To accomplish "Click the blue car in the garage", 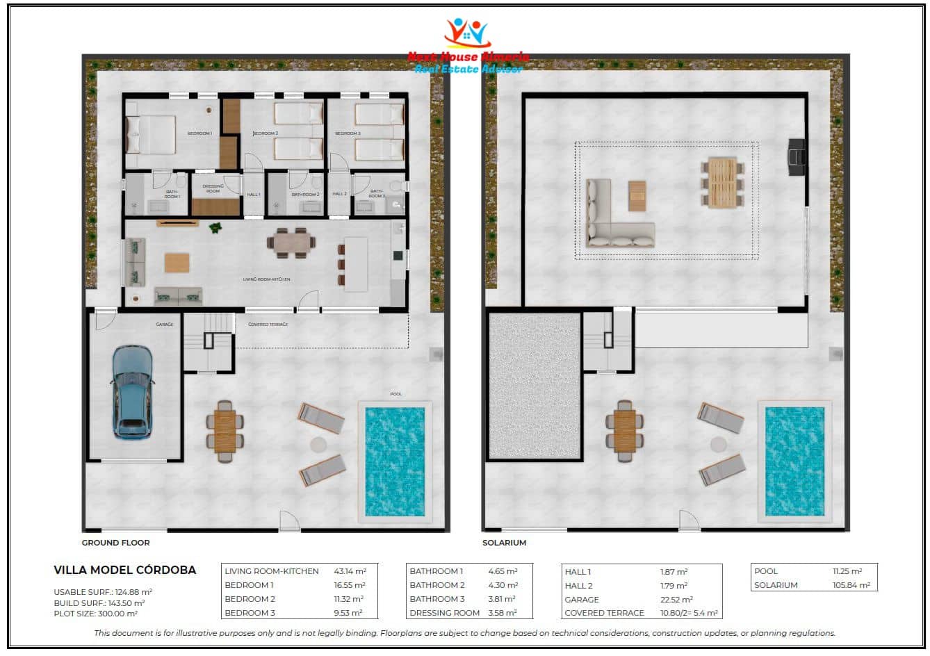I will click(132, 392).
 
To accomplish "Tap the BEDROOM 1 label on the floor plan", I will click(199, 133).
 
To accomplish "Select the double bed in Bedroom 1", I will click(151, 134).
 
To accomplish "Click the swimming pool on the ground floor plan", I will click(395, 461).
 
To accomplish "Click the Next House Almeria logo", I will click(468, 46).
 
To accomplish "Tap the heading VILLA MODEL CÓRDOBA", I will click(125, 571).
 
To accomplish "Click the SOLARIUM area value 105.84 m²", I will click(851, 585).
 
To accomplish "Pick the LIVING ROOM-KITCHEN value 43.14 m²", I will click(349, 571).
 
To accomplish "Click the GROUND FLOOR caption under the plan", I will click(115, 543).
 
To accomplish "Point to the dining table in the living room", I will click(291, 243).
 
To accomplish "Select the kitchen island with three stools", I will click(355, 264).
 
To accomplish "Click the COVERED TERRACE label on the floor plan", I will click(268, 325).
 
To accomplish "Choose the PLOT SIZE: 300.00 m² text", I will click(95, 614).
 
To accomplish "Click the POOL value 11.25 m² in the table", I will click(847, 571).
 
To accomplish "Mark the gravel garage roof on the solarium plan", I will click(535, 386).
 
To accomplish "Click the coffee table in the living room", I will click(177, 263).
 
